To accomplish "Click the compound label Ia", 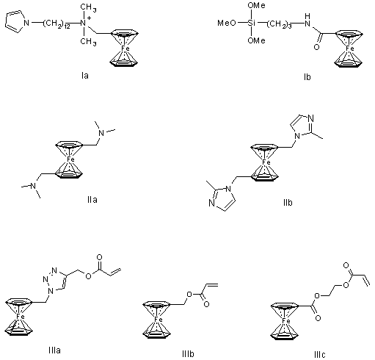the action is click(85, 76).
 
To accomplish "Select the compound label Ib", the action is click(307, 77).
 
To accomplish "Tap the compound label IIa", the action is click(92, 200).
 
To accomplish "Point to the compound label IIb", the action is click(288, 203).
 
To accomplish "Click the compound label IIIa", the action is click(54, 350).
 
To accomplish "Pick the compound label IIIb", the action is click(188, 354).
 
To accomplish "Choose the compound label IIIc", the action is click(320, 354).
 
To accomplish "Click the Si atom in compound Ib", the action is click(252, 24).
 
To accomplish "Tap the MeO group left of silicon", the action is click(227, 24).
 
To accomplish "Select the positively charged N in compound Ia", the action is click(84, 24).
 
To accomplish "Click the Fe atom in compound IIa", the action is click(70, 159).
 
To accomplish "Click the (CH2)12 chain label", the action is click(57, 24).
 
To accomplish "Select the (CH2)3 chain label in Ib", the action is click(279, 24).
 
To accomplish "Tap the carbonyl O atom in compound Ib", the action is click(316, 46).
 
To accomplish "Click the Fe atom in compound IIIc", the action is click(286, 321).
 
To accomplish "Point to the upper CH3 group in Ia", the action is click(88, 7).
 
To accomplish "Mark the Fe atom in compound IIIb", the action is click(159, 320).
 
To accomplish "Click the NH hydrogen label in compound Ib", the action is click(307, 16).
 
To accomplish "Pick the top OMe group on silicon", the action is click(256, 5).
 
